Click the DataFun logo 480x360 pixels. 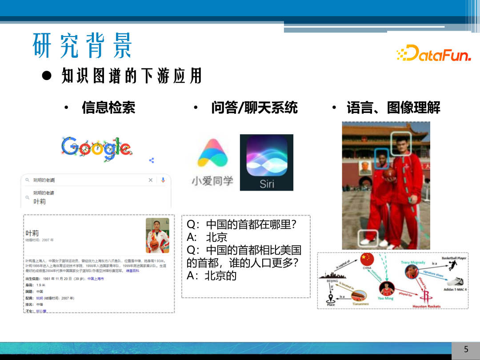[433, 53]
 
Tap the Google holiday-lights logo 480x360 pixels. [96, 148]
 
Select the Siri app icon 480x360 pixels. [267, 162]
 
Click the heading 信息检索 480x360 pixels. [108, 107]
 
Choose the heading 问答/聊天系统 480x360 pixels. [254, 107]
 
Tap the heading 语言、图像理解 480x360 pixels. [393, 107]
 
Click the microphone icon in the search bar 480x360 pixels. [163, 180]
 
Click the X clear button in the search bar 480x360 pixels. [150, 180]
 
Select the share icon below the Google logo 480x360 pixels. [152, 160]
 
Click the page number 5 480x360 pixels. [466, 349]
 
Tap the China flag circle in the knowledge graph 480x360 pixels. [367, 259]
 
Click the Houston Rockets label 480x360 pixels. [426, 306]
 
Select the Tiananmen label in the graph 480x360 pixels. [361, 304]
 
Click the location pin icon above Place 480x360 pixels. [331, 298]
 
